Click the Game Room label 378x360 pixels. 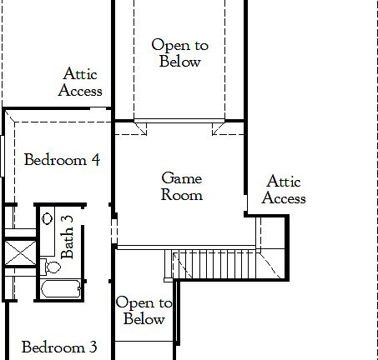coord(182,187)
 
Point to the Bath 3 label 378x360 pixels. coord(68,237)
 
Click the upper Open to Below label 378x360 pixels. coord(179,53)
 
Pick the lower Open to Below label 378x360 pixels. coord(144,311)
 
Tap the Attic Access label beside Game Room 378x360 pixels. coord(284,190)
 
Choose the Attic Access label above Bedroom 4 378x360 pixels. coord(80,82)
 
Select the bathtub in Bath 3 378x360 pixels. coord(61,290)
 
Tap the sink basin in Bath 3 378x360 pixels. coord(48,218)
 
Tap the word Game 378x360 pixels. coord(182,178)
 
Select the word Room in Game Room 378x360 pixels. coord(182,195)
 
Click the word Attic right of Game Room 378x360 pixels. coord(284,182)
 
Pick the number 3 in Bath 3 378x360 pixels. coord(68,220)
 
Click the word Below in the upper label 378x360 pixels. coord(179,62)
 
